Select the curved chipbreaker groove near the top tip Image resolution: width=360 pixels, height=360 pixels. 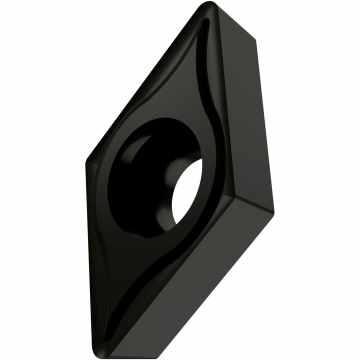205,80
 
